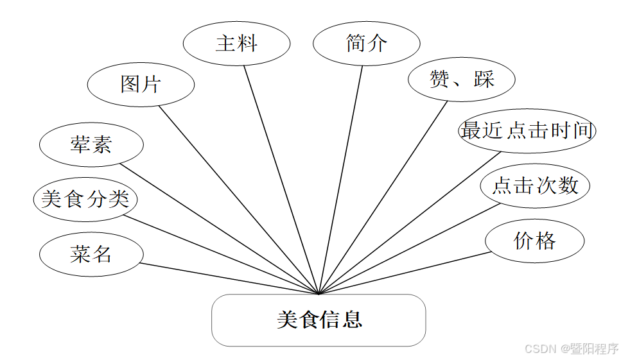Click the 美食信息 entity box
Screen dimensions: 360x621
[319, 320]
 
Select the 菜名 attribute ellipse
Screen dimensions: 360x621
[91, 254]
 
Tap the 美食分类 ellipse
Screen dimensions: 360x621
[85, 199]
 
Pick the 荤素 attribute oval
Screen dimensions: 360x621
[91, 145]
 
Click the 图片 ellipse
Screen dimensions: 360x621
[141, 84]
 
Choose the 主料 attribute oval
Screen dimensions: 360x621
[236, 44]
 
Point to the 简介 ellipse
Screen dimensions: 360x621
[366, 44]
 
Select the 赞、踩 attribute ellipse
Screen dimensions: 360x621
[461, 80]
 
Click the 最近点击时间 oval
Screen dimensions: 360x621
[527, 131]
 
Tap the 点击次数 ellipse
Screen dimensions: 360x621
[535, 186]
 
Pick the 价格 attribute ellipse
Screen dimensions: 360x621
[534, 241]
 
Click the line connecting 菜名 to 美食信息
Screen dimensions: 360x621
[229, 279]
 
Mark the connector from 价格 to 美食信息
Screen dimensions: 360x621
[405, 273]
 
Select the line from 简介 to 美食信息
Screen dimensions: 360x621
[340, 180]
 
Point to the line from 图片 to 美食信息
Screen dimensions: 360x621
[238, 199]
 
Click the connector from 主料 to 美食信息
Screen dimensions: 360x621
[281, 180]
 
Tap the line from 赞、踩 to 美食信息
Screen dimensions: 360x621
[383, 198]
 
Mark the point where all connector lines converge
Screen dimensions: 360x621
[319, 294]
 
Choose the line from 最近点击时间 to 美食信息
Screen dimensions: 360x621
[410, 223]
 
